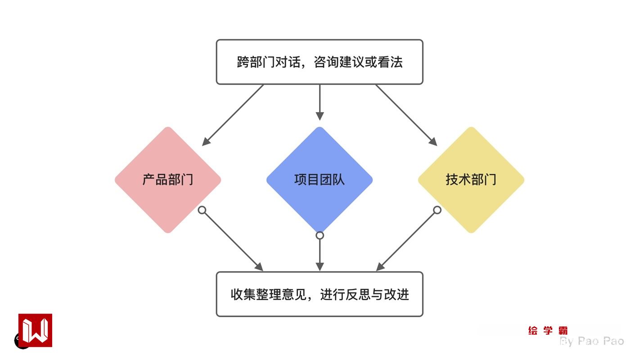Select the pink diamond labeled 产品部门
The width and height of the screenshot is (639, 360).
tap(168, 180)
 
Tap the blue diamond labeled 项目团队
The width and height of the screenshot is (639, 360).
tap(319, 180)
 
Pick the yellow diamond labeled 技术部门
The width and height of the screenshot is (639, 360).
tap(471, 180)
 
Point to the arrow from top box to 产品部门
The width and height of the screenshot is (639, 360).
tap(233, 115)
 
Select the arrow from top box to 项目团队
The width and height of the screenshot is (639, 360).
tap(319, 102)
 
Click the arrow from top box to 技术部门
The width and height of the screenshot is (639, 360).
tap(406, 115)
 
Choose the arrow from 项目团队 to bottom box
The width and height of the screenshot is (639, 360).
tap(319, 254)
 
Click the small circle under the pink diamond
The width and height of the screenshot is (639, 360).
tap(202, 210)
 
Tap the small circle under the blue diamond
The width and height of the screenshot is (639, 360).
tap(319, 235)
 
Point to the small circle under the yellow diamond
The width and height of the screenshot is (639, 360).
tap(437, 210)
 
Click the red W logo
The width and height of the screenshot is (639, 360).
tap(35, 330)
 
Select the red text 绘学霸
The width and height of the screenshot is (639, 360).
tap(548, 331)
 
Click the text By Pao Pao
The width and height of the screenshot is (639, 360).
tap(592, 341)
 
